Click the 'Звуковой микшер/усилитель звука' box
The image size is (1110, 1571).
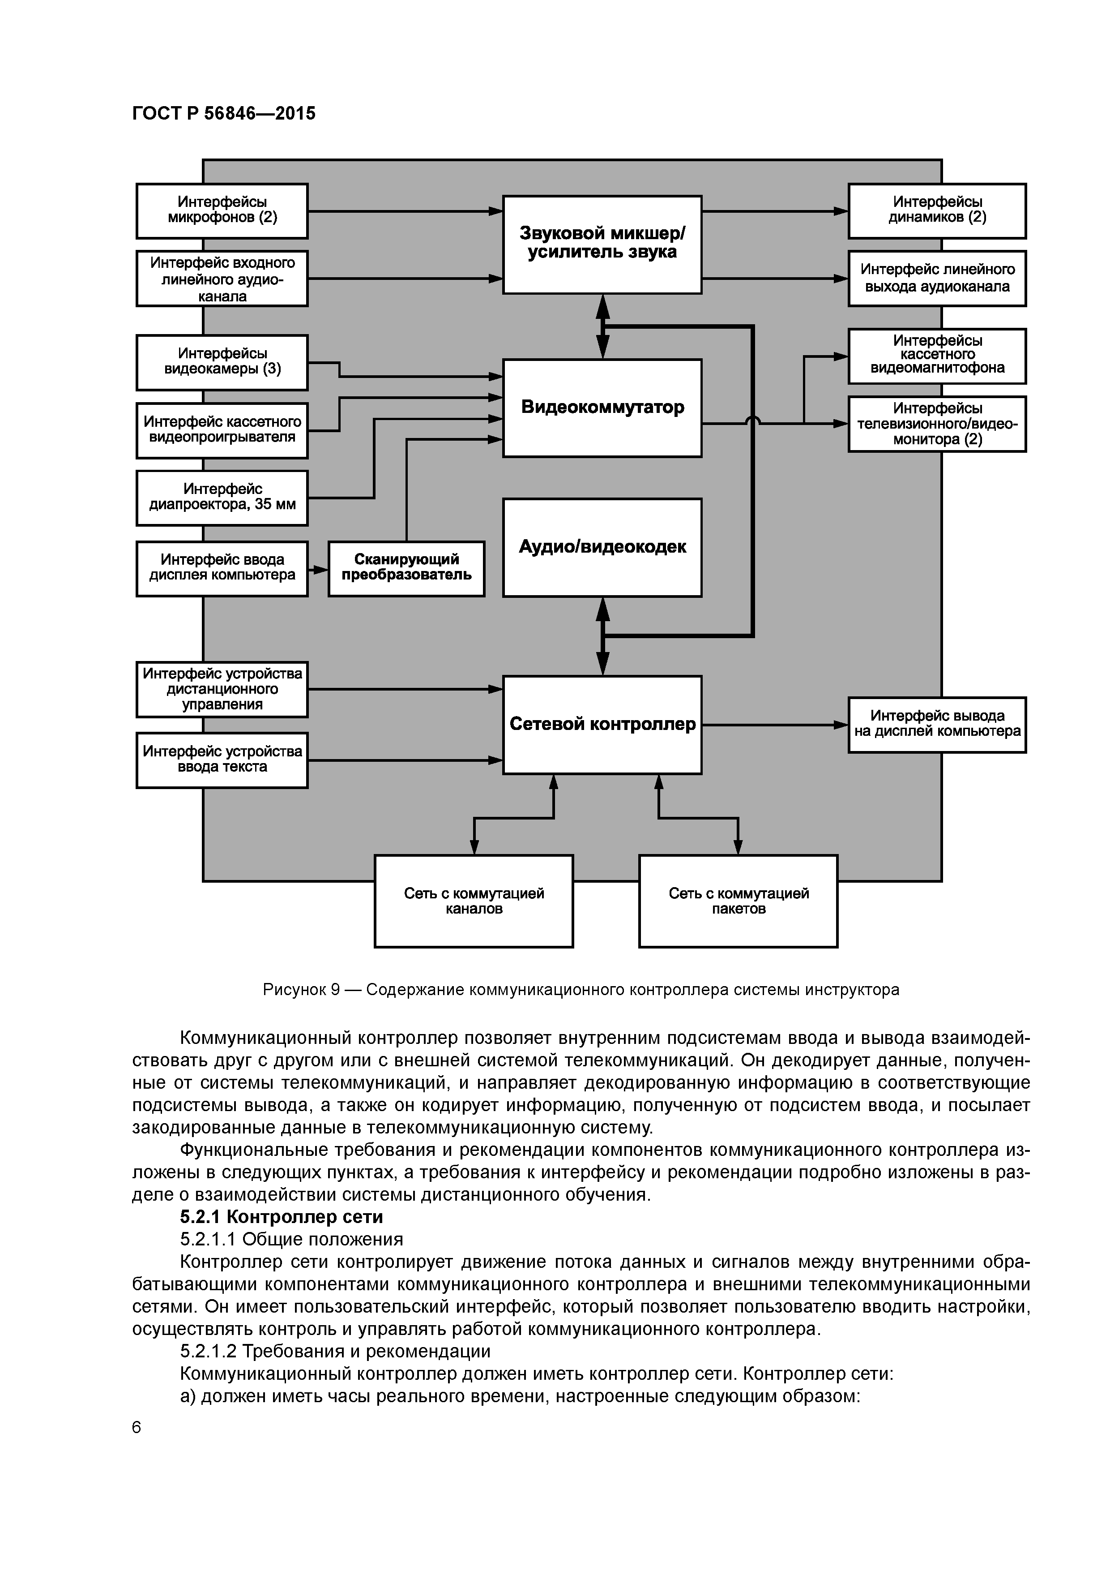click(602, 244)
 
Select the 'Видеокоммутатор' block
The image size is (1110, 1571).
click(602, 408)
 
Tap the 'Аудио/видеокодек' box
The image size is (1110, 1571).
click(602, 547)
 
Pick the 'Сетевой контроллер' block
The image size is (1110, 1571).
click(602, 725)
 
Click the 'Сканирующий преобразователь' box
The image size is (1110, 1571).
click(406, 568)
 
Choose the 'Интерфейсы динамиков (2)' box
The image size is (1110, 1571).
click(937, 211)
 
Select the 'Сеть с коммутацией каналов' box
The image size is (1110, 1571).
click(473, 901)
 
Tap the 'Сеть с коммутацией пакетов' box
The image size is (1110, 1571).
click(738, 901)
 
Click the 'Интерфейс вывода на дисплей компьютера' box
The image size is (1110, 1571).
click(937, 725)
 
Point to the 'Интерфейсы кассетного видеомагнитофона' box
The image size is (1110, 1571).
click(937, 355)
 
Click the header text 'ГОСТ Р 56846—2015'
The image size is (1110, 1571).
click(224, 114)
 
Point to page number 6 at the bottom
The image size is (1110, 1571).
click(136, 1427)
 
